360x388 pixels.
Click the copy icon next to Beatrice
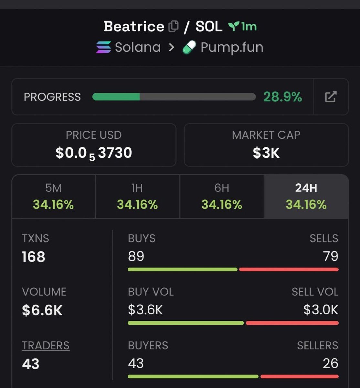pyautogui.click(x=174, y=26)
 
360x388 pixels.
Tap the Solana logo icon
pyautogui.click(x=103, y=47)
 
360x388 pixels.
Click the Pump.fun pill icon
pyautogui.click(x=189, y=47)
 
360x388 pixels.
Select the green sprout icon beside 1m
pyautogui.click(x=234, y=27)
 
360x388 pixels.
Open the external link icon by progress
pyautogui.click(x=331, y=96)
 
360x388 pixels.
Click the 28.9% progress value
pyautogui.click(x=282, y=97)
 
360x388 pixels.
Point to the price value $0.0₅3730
pyautogui.click(x=94, y=153)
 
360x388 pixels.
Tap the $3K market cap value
pyautogui.click(x=266, y=153)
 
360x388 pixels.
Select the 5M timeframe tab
pyautogui.click(x=54, y=196)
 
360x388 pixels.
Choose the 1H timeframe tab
pyautogui.click(x=137, y=196)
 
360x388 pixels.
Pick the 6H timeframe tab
pyautogui.click(x=222, y=196)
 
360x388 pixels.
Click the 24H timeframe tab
pyautogui.click(x=306, y=196)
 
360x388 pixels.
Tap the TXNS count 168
pyautogui.click(x=34, y=256)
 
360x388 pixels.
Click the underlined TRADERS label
pyautogui.click(x=46, y=345)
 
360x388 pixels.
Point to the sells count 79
pyautogui.click(x=331, y=256)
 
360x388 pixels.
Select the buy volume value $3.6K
pyautogui.click(x=145, y=310)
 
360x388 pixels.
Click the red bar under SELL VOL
pyautogui.click(x=292, y=323)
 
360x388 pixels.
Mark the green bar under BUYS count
pyautogui.click(x=183, y=269)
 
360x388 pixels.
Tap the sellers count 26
pyautogui.click(x=331, y=363)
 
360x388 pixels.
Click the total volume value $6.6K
pyautogui.click(x=42, y=310)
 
